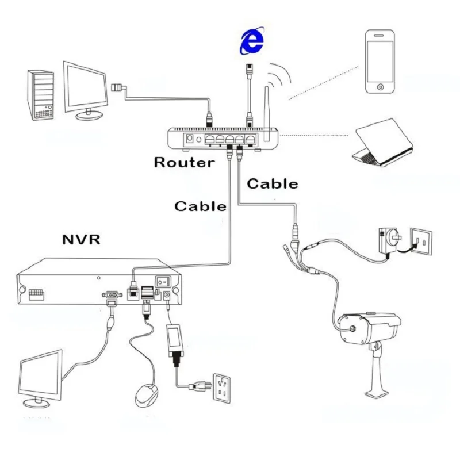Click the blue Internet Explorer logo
(x=252, y=40)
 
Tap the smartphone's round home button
(x=381, y=87)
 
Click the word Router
(x=184, y=162)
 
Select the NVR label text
(x=81, y=239)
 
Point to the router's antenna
(x=267, y=114)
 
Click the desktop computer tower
(x=41, y=95)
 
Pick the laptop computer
(x=383, y=143)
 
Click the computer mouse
(x=146, y=395)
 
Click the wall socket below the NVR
(x=221, y=388)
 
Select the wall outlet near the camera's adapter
(x=421, y=241)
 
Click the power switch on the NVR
(x=163, y=282)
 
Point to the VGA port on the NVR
(x=112, y=294)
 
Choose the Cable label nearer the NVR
(x=200, y=206)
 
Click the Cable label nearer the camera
(x=272, y=184)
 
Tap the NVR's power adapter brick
(x=174, y=340)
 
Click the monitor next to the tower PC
(x=85, y=90)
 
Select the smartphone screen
(x=380, y=62)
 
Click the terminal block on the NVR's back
(x=36, y=294)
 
